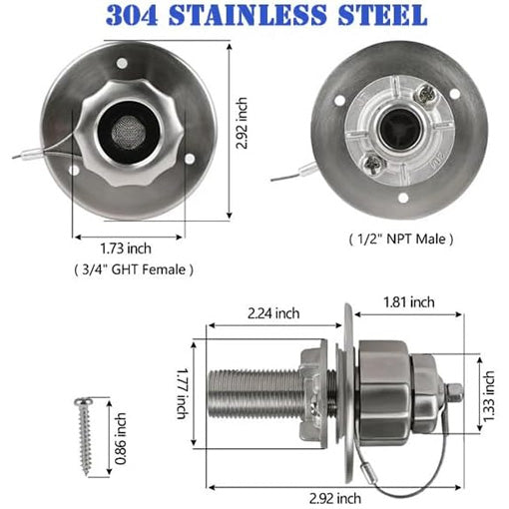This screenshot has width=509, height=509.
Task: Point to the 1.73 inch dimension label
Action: (126, 248)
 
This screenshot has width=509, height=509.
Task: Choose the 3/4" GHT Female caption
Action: (134, 268)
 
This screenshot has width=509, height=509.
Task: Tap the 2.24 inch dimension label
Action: (272, 312)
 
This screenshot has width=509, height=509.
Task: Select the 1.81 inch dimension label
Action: (409, 301)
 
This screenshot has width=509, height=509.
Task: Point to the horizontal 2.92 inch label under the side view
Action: (334, 497)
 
